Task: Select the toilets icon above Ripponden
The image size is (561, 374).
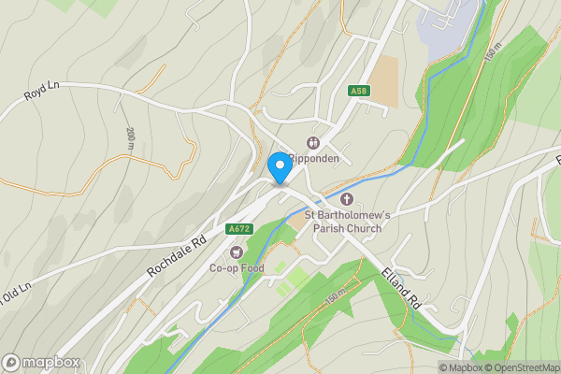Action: pyautogui.click(x=313, y=143)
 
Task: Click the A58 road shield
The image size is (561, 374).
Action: pyautogui.click(x=358, y=91)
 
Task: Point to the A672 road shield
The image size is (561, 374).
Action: pyautogui.click(x=238, y=228)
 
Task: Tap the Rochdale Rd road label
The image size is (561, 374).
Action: pyautogui.click(x=175, y=257)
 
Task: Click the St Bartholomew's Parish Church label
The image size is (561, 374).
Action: pyautogui.click(x=356, y=222)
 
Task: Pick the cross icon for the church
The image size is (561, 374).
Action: pyautogui.click(x=347, y=198)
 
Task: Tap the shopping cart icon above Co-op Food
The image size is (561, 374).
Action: pyautogui.click(x=236, y=252)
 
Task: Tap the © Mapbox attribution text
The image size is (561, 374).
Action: pyautogui.click(x=459, y=367)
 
